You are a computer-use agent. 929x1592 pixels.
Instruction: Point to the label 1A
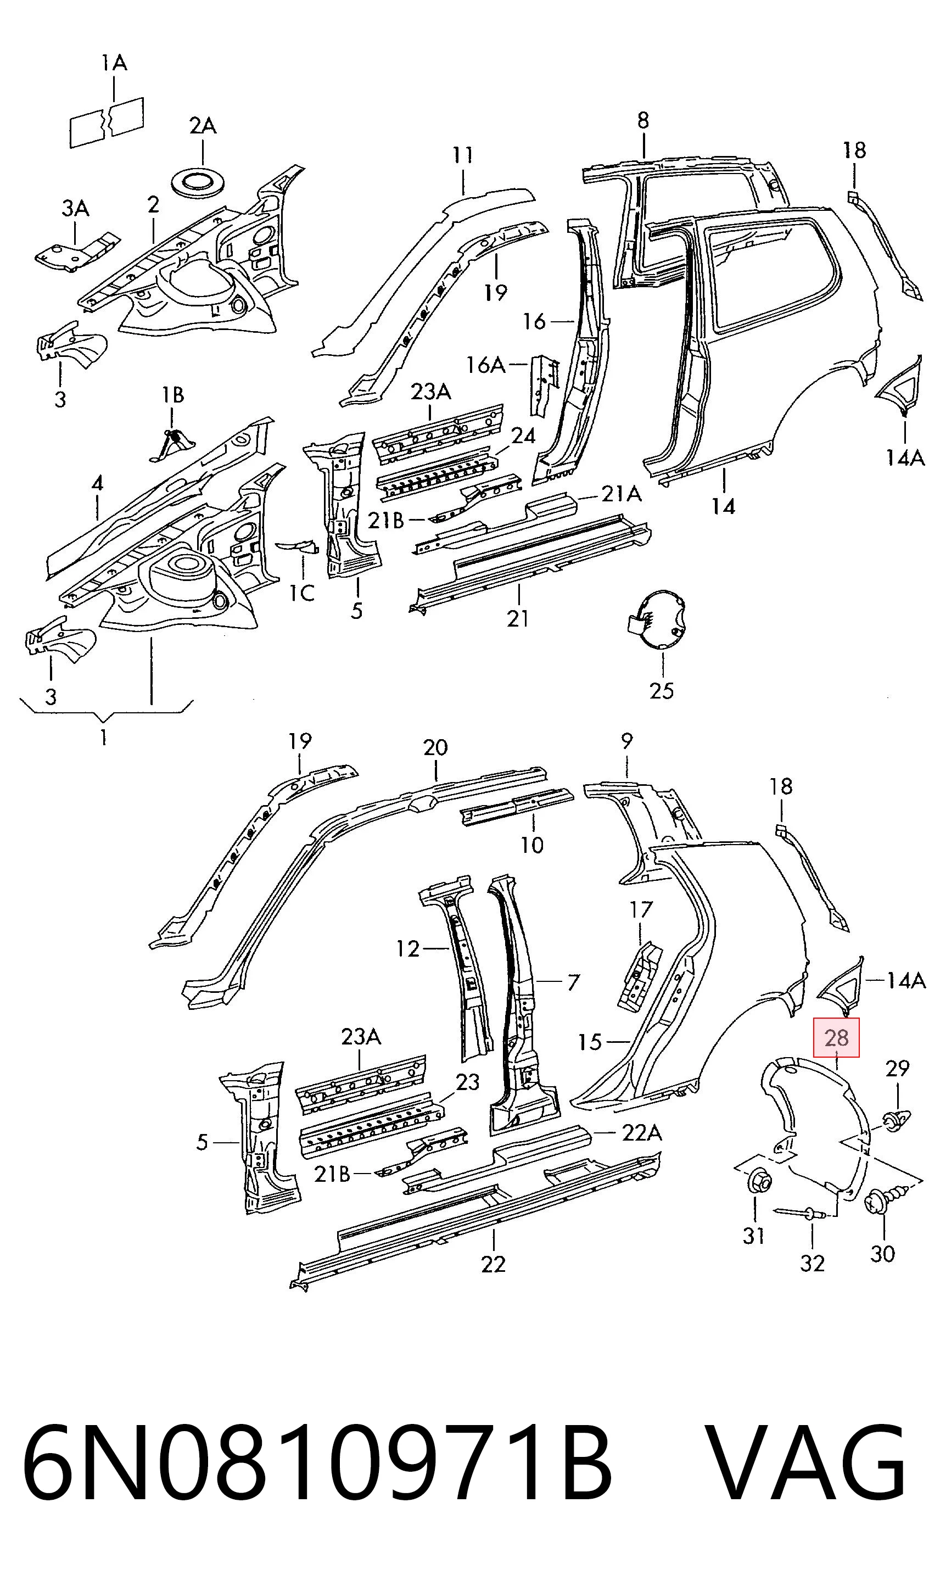[x=114, y=63]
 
